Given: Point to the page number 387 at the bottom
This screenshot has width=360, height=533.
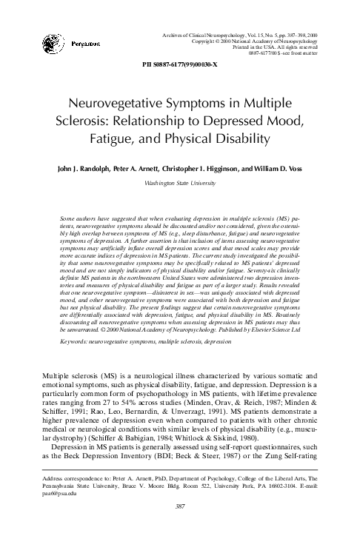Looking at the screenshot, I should click(179, 506).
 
